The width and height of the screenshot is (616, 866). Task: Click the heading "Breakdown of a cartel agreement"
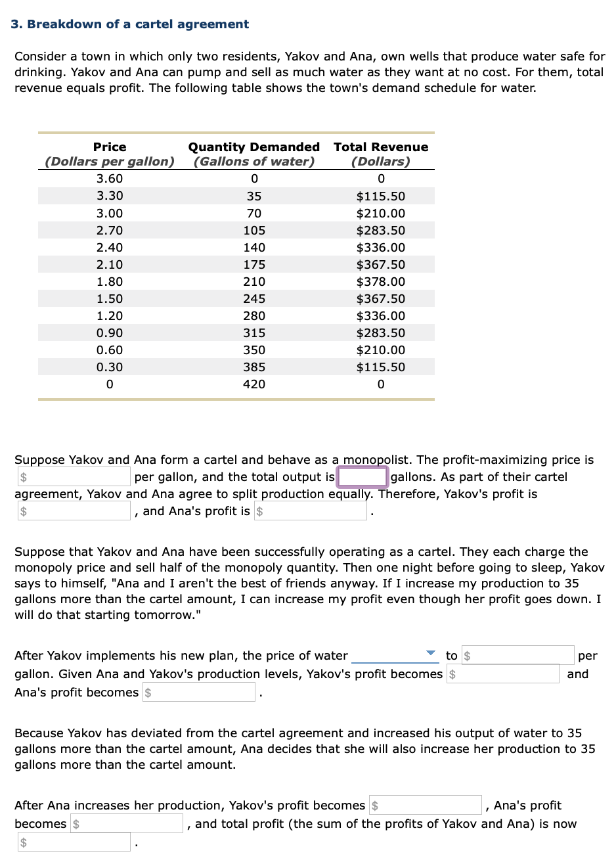click(138, 24)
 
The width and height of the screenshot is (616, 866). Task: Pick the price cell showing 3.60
click(110, 179)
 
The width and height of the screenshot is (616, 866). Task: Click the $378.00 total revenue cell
click(380, 282)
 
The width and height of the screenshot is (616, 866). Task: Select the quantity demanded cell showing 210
click(254, 282)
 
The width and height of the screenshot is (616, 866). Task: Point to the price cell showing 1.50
click(110, 299)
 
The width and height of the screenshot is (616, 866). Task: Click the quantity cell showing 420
click(254, 384)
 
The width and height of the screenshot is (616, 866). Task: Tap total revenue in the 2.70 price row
click(380, 231)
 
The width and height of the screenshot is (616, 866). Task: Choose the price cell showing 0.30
click(110, 367)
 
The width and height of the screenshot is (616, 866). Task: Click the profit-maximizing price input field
click(74, 477)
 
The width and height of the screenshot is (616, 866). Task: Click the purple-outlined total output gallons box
click(362, 477)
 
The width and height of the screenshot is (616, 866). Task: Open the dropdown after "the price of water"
click(394, 655)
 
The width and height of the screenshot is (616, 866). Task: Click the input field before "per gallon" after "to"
click(517, 655)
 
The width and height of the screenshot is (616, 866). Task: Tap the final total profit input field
click(74, 842)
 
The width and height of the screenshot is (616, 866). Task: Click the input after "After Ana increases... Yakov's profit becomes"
click(425, 806)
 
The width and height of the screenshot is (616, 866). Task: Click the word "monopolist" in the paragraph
click(378, 460)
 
